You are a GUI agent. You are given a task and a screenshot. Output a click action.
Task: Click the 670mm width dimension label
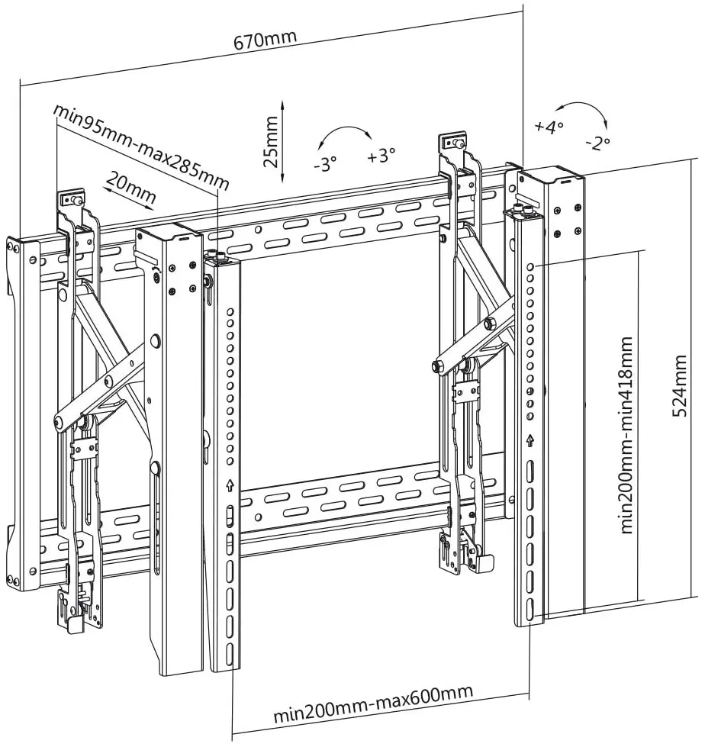265,39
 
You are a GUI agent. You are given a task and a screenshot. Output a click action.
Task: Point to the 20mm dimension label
131,186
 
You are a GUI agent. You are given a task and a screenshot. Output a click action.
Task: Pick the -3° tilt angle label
325,163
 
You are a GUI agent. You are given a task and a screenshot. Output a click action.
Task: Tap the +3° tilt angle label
381,156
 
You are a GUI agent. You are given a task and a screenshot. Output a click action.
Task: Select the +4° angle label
549,126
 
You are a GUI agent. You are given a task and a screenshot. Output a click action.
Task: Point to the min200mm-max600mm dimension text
373,704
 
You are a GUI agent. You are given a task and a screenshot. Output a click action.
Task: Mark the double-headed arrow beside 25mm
283,140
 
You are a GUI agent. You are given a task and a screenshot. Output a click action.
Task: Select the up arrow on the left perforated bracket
230,485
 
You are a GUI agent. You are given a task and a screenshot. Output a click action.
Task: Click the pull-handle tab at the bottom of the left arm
75,623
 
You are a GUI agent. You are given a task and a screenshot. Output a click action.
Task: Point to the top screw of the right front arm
458,142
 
